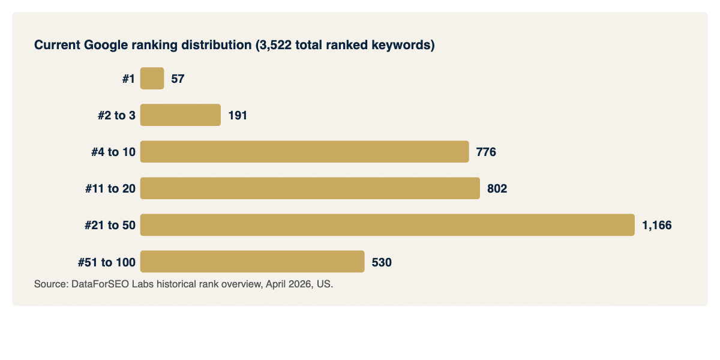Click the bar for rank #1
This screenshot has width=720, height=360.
coord(152,79)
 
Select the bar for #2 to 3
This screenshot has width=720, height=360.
coord(180,115)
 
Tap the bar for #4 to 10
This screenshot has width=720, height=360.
coord(304,152)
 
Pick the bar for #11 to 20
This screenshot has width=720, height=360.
coord(310,188)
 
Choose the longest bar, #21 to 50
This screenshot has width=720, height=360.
coord(387,225)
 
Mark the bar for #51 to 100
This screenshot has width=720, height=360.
coord(252,262)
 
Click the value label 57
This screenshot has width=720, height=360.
coord(178,79)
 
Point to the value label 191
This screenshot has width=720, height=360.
coord(238,115)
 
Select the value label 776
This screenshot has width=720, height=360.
coord(486,152)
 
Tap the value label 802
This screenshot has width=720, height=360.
coord(497,188)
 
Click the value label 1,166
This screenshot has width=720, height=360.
coord(656,225)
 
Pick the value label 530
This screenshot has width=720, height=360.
coord(382,262)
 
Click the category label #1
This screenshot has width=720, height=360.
coord(128,79)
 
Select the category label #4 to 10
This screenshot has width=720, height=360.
coord(113,152)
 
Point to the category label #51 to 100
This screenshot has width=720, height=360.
coord(106,262)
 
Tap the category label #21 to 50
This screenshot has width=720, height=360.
coord(110,225)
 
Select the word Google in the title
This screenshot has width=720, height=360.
coord(105,45)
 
